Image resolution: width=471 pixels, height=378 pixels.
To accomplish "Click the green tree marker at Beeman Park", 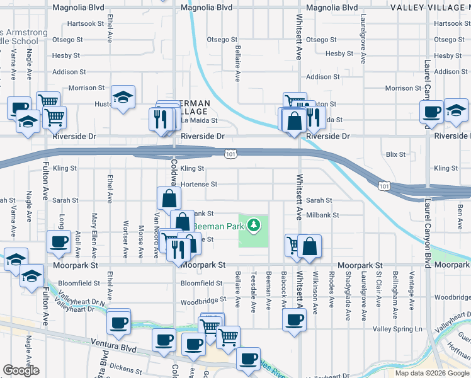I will (x=254, y=224).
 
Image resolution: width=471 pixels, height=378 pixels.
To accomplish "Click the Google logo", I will (x=21, y=370).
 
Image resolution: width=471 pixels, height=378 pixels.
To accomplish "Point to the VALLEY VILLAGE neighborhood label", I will (x=430, y=8).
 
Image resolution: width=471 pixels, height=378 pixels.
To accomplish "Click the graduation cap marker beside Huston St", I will (x=123, y=97).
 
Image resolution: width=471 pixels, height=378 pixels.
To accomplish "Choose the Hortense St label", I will (x=198, y=185).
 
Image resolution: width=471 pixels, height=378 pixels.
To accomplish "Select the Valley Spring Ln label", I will (x=397, y=329).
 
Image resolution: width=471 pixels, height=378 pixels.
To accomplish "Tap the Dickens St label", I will (x=127, y=365).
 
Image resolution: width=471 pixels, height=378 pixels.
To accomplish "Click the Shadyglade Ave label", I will (x=348, y=289).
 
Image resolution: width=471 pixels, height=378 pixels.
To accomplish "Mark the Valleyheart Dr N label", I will (x=81, y=303).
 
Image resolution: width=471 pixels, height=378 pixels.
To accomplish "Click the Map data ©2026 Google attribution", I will (x=431, y=373).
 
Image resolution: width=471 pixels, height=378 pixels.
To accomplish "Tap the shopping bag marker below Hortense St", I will (x=169, y=199).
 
